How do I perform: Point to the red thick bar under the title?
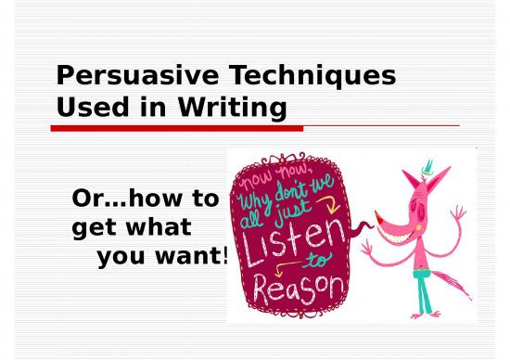(167, 128)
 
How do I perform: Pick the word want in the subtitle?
(189, 254)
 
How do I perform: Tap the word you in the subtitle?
(121, 254)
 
